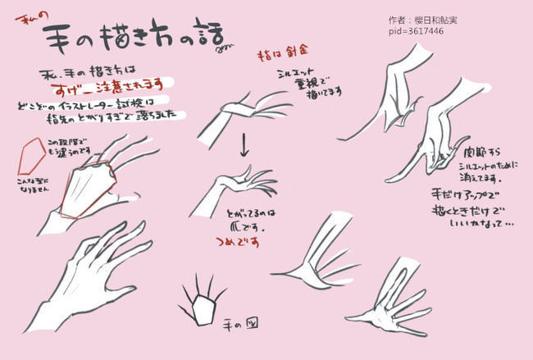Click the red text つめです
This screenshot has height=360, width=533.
[239, 242]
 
